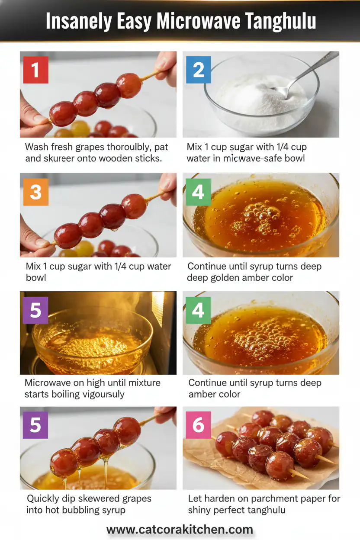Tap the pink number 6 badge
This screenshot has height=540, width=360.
(198, 425)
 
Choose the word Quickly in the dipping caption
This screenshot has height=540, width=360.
(44, 498)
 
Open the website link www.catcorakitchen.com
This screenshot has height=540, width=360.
(180, 529)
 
